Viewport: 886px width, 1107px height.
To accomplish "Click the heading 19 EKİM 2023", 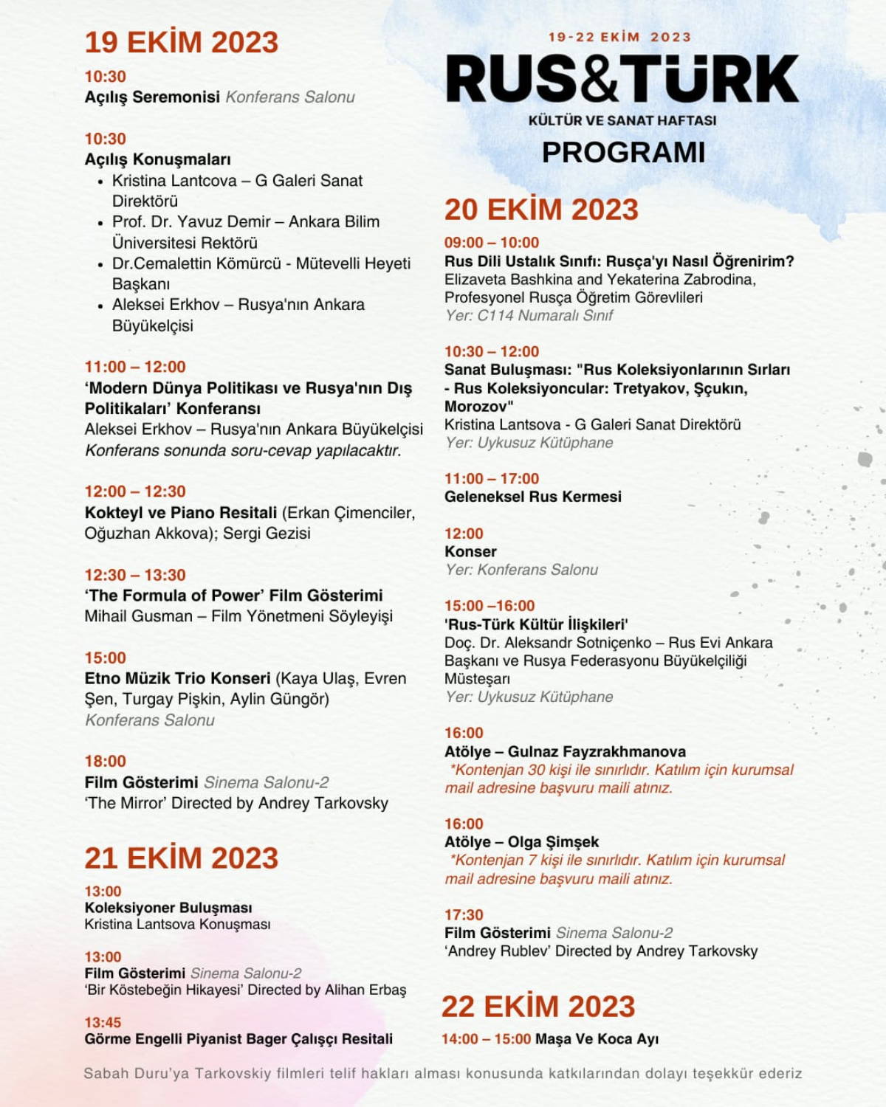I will [x=181, y=42].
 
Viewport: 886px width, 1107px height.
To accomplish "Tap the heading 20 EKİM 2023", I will [x=540, y=210].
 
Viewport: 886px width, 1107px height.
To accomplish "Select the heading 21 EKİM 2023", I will [x=181, y=858].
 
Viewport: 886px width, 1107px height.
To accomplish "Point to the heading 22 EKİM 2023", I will [x=538, y=1007].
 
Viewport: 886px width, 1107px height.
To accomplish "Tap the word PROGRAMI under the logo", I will [x=623, y=152].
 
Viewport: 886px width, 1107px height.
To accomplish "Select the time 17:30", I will [x=464, y=914].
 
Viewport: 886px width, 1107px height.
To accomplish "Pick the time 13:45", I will [x=103, y=1022].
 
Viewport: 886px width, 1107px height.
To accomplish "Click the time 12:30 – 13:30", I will [x=134, y=575].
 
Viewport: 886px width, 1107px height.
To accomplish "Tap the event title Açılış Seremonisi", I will [x=152, y=97].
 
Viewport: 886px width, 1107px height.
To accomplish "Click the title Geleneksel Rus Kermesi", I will [x=532, y=497].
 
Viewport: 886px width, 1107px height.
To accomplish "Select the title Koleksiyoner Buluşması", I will [x=168, y=908].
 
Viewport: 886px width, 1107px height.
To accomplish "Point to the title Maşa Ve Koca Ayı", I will [x=597, y=1039].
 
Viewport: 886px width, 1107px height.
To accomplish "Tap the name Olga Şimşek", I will [x=553, y=842].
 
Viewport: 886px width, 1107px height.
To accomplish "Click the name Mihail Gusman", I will [x=138, y=616].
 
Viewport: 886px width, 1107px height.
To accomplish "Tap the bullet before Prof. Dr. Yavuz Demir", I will [x=100, y=222].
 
